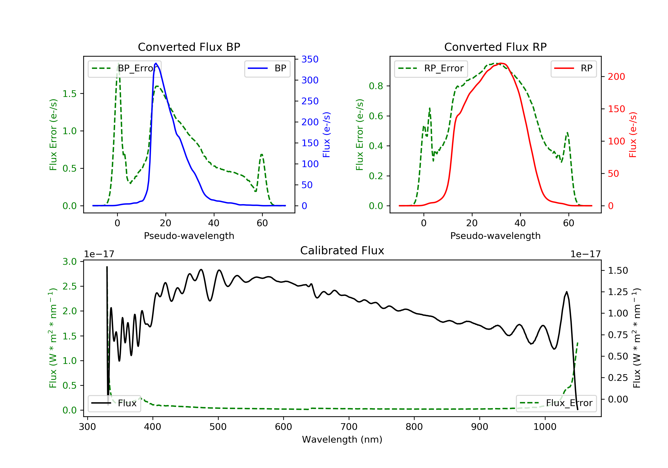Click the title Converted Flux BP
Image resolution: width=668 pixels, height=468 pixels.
[189, 47]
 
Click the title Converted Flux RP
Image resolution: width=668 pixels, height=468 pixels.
[495, 47]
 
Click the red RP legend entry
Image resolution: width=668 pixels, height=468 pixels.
[573, 68]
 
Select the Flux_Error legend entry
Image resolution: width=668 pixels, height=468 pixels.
[556, 403]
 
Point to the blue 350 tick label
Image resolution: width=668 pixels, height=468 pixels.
[310, 60]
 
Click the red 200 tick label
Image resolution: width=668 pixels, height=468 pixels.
[616, 77]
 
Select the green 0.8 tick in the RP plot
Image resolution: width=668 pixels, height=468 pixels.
[376, 86]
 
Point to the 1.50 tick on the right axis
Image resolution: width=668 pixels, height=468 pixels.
[618, 271]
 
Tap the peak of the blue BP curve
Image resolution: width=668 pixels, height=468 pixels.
[156, 63]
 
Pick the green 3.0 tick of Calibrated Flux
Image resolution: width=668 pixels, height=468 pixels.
[69, 261]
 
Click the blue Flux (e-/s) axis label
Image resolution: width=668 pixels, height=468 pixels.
[326, 135]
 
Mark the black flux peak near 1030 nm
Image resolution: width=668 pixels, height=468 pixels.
[566, 292]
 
